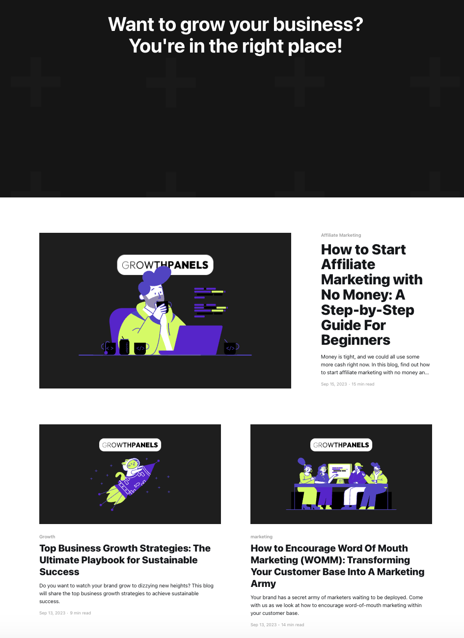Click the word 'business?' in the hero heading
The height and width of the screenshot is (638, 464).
click(318, 24)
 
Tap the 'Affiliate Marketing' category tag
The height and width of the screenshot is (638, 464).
click(341, 235)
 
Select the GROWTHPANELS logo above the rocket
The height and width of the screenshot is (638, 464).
click(130, 444)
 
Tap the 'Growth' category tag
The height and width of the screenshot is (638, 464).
click(47, 537)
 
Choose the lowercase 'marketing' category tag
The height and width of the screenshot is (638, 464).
click(261, 537)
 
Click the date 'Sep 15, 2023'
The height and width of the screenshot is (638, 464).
click(334, 384)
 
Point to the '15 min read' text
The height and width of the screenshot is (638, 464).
click(363, 384)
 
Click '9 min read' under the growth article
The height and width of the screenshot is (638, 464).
click(81, 613)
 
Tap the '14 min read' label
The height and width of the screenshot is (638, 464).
click(293, 625)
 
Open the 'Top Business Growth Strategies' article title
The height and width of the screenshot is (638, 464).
click(125, 560)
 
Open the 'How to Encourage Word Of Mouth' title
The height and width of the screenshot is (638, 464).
click(337, 566)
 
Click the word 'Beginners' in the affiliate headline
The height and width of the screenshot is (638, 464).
click(355, 340)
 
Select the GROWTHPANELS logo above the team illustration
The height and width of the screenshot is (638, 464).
click(341, 444)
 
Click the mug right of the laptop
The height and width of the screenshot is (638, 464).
click(231, 348)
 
